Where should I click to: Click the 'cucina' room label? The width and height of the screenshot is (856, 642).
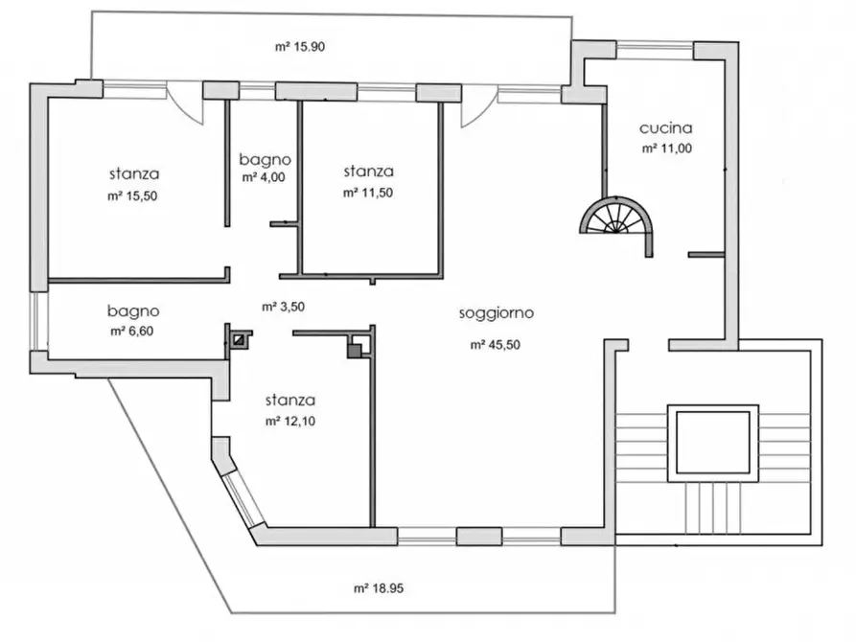coord(665,127)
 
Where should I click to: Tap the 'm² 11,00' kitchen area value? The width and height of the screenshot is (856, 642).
coord(665,149)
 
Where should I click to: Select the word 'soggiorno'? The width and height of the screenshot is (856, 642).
coord(496,312)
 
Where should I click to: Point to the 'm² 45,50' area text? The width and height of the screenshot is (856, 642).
coord(496,345)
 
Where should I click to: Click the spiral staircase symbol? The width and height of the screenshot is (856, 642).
coord(618,218)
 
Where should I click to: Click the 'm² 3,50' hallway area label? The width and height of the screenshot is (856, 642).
coord(283,308)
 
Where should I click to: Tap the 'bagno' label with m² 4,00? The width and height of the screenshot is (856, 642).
coord(266,159)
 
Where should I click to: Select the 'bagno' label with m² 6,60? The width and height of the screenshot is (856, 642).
coord(133,311)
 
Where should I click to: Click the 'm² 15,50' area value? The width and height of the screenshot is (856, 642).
coord(133,195)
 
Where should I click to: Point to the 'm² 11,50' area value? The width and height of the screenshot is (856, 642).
coord(368,193)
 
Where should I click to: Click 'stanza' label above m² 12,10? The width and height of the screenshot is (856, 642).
coord(292,401)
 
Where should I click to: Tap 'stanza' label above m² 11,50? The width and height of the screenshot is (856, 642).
coord(368,172)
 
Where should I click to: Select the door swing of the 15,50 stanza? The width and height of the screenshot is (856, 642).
coord(189,103)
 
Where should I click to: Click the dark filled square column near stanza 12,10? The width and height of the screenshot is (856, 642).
coord(354,352)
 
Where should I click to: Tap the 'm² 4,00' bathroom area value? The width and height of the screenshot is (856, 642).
coord(264,177)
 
